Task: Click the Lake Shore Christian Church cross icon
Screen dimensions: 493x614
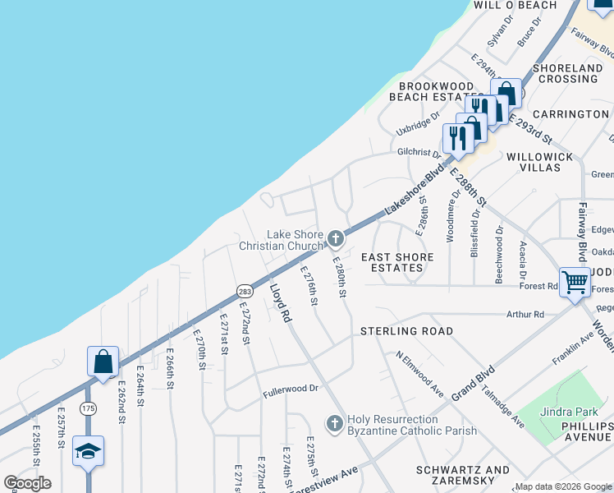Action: [x=335, y=239]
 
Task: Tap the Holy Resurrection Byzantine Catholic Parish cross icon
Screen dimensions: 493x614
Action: [x=334, y=423]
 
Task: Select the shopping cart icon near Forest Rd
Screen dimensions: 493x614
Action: [x=575, y=282]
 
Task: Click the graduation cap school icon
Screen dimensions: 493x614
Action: [x=88, y=450]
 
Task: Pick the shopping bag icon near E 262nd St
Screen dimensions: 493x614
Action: [x=103, y=362]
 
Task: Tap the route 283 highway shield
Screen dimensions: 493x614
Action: [x=245, y=291]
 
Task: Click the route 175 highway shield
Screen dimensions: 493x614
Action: [x=89, y=408]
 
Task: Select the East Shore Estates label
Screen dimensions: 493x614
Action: [x=398, y=262]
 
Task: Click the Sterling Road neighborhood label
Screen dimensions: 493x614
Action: [x=406, y=331]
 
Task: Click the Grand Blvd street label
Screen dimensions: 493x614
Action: [x=467, y=381]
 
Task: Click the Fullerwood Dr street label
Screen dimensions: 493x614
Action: [x=290, y=389]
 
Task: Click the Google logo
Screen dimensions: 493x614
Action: [x=27, y=483]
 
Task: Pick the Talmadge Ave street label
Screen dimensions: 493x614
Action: [x=503, y=405]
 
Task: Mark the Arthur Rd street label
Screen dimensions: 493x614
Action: [x=525, y=314]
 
